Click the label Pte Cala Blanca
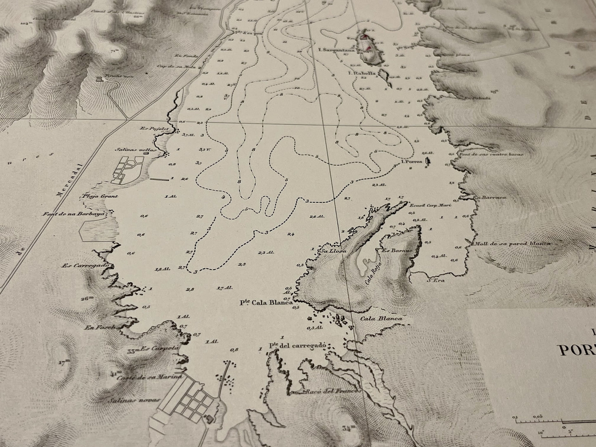266,302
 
